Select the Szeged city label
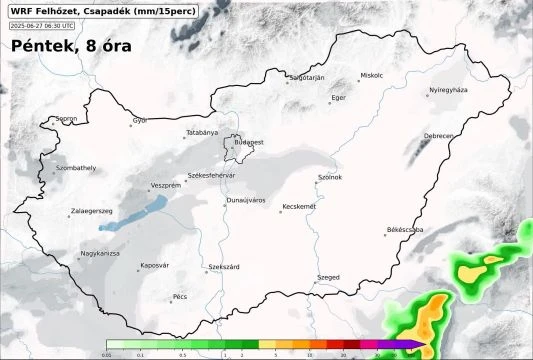click(x=328, y=276)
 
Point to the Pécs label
click(x=180, y=296)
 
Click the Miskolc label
click(x=372, y=75)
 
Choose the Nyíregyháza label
click(x=448, y=90)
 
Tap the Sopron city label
click(x=67, y=118)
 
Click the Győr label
click(x=139, y=120)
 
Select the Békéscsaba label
click(x=405, y=230)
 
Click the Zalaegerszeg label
click(x=92, y=211)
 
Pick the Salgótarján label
click(x=307, y=77)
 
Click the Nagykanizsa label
click(x=100, y=253)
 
